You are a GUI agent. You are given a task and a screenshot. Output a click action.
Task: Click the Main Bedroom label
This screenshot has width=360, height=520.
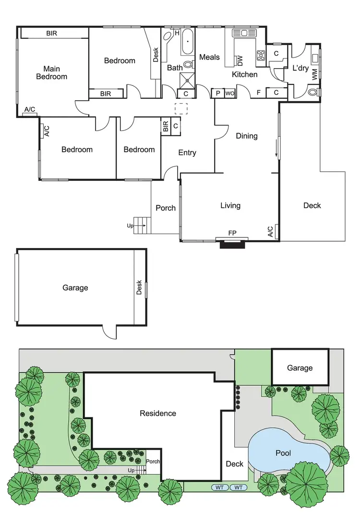52,73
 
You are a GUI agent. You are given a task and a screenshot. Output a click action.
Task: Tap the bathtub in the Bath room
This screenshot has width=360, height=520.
187,42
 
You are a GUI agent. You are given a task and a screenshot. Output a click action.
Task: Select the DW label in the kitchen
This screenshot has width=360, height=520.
240,60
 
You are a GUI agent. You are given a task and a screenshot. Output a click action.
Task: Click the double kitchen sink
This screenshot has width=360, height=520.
245,33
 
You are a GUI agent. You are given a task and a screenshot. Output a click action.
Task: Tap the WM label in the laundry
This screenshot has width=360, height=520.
314,74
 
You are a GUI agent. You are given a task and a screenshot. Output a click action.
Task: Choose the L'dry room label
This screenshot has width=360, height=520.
300,68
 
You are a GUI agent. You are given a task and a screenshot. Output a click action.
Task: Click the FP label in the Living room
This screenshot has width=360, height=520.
232,233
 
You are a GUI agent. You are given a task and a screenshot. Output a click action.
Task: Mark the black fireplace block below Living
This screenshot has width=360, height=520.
232,245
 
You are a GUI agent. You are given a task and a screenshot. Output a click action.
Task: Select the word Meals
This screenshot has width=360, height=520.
209,57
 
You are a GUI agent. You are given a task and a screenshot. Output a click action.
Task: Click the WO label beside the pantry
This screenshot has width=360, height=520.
229,93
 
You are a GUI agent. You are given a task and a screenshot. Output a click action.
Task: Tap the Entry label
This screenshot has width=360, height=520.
187,153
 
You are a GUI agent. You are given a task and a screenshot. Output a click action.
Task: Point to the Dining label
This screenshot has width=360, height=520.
247,136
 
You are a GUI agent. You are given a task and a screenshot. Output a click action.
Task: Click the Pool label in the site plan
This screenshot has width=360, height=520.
283,452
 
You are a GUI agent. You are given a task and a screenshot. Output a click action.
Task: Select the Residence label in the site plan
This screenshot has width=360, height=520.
158,413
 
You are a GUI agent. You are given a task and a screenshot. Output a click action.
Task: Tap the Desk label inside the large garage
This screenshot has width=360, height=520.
139,288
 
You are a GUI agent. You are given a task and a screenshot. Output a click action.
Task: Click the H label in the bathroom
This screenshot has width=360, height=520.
177,33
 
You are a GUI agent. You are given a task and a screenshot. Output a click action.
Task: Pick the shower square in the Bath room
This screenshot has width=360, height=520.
187,80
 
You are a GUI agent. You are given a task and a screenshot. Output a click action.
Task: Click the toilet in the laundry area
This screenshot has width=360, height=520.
312,92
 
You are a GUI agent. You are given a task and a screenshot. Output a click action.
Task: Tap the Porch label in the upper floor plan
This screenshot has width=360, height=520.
166,208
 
